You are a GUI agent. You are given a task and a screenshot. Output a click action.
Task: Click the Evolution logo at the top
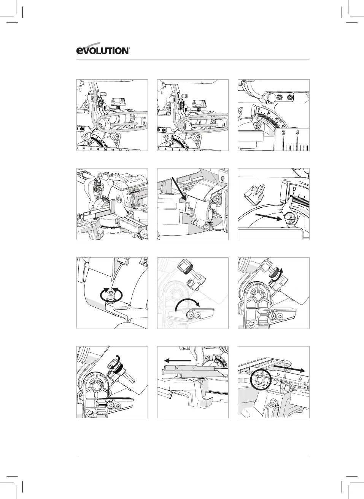coord(103,50)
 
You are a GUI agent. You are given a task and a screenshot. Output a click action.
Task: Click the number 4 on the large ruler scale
coord(297,133)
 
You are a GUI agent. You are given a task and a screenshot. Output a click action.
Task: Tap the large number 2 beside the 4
coord(283,133)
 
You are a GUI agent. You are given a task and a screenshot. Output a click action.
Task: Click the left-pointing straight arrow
coord(177,360)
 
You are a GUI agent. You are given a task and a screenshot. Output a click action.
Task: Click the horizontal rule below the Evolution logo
coord(192,59)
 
